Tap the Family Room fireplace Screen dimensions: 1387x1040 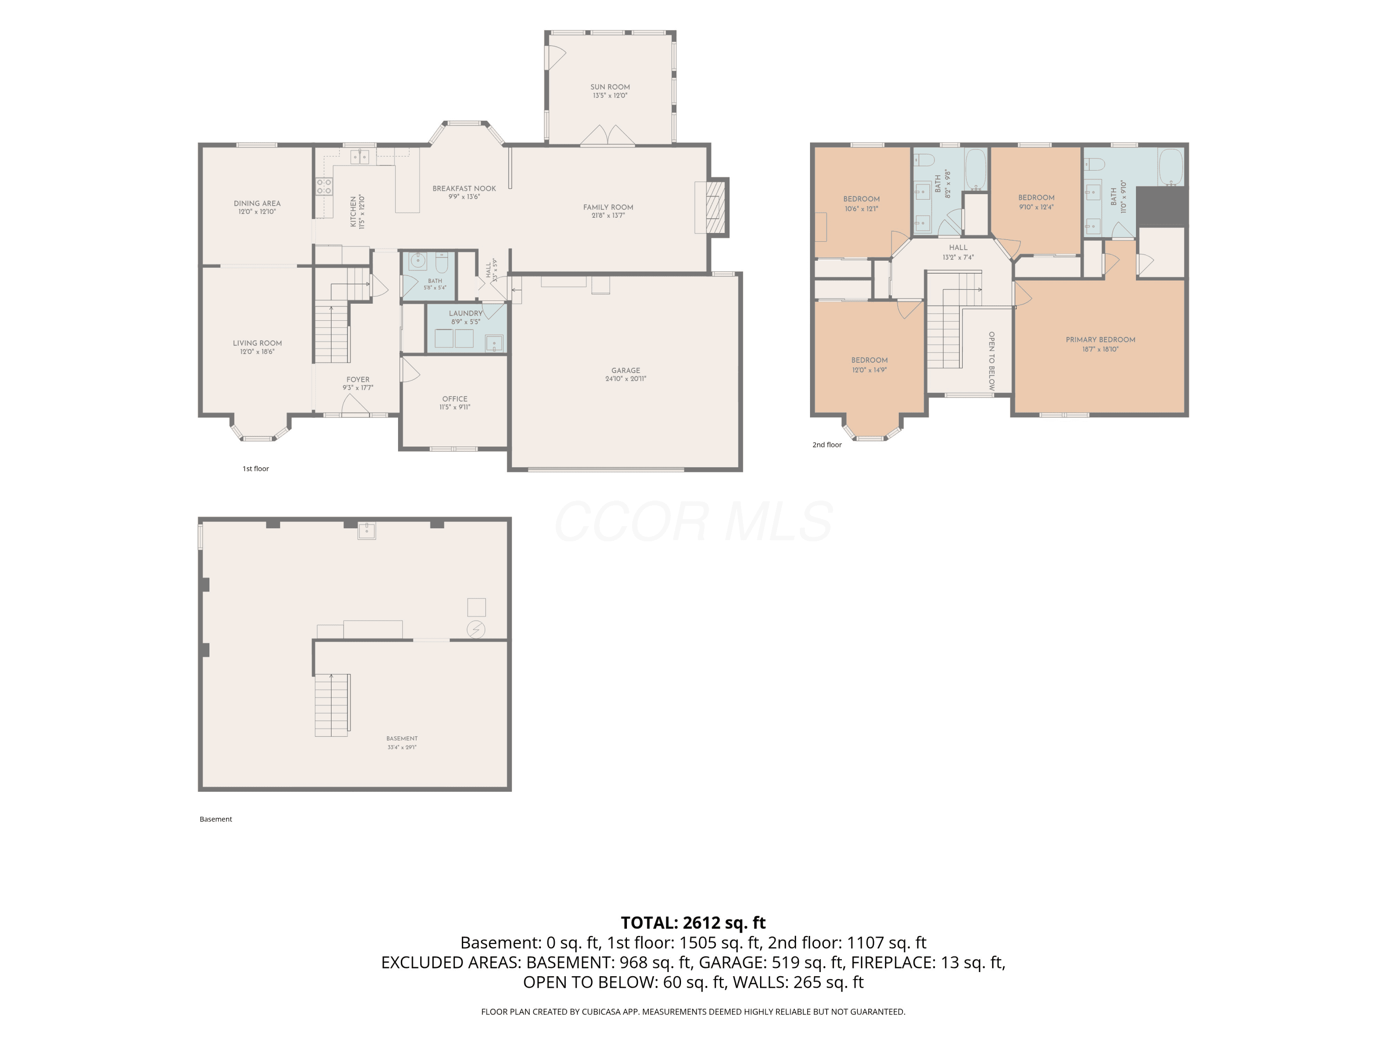tap(711, 208)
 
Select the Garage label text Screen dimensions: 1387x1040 tap(626, 374)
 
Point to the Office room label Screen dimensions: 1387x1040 tap(454, 403)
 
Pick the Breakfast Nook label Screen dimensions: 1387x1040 tap(464, 192)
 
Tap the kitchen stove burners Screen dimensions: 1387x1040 tap(324, 186)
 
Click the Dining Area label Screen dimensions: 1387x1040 tap(257, 207)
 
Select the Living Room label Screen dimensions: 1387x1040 tap(257, 347)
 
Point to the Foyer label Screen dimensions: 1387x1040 tap(358, 383)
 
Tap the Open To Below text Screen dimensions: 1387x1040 tap(991, 361)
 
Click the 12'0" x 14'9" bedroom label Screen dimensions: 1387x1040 tap(869, 364)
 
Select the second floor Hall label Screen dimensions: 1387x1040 tap(958, 251)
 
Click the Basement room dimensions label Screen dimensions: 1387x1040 tap(402, 746)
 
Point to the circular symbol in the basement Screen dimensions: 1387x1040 tap(476, 629)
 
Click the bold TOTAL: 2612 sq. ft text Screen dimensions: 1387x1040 tap(693, 923)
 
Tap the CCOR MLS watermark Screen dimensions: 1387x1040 tap(693, 521)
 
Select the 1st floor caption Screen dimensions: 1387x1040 tap(256, 468)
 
